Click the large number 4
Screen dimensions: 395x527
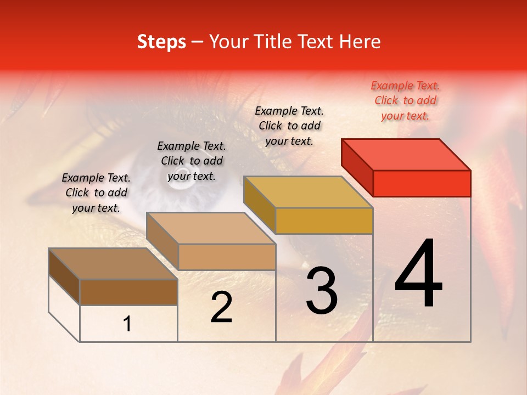[x=419, y=274]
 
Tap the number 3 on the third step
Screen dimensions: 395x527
[x=322, y=291]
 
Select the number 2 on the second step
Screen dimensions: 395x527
[x=221, y=307]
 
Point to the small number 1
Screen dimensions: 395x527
[x=127, y=324]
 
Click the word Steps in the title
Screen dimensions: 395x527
[x=161, y=42]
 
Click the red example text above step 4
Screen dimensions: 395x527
[x=405, y=100]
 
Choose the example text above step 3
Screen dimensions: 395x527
[x=289, y=126]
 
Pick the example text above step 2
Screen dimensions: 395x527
[x=192, y=161]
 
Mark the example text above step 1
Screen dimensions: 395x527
[x=96, y=193]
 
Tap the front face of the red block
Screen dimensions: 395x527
[x=422, y=183]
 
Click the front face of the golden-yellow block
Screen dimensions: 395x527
[x=324, y=221]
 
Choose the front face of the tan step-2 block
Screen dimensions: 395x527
[x=227, y=257]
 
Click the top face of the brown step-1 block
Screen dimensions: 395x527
[x=113, y=264]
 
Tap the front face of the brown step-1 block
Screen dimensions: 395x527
[x=128, y=292]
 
